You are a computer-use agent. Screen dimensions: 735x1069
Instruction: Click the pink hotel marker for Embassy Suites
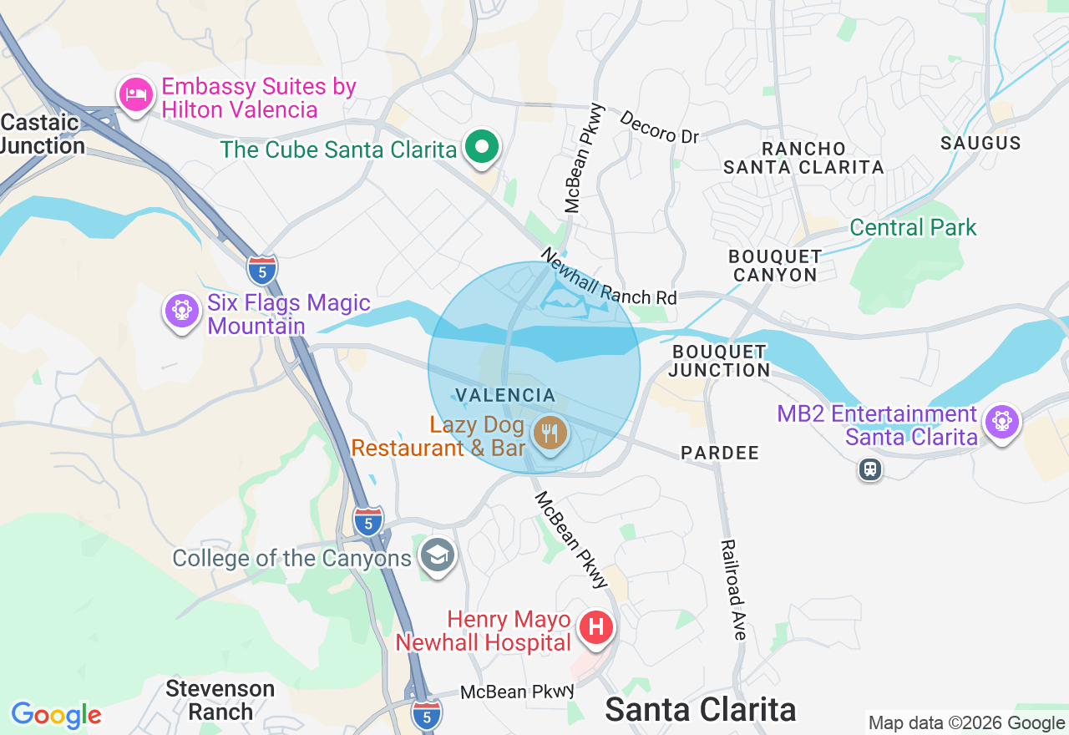pyautogui.click(x=135, y=95)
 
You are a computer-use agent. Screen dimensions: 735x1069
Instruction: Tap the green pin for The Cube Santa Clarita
pyautogui.click(x=482, y=148)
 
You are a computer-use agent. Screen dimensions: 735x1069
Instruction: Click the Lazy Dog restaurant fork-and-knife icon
pyautogui.click(x=550, y=433)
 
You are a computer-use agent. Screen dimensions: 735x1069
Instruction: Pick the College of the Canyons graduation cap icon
pyautogui.click(x=438, y=555)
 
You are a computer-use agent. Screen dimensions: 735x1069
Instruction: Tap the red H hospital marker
pyautogui.click(x=596, y=627)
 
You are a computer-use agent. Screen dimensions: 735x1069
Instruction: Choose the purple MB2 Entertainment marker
pyautogui.click(x=1001, y=421)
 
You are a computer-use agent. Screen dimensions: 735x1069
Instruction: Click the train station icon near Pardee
pyautogui.click(x=870, y=469)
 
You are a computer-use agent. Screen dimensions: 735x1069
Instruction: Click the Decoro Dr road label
pyautogui.click(x=659, y=126)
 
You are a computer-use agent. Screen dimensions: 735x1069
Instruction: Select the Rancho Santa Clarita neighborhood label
pyautogui.click(x=803, y=158)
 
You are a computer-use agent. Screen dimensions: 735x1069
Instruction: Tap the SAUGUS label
pyautogui.click(x=980, y=143)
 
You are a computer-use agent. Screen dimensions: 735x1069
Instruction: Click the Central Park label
pyautogui.click(x=913, y=227)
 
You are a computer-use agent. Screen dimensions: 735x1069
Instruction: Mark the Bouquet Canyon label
pyautogui.click(x=775, y=266)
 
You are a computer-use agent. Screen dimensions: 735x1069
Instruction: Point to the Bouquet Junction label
pyautogui.click(x=719, y=361)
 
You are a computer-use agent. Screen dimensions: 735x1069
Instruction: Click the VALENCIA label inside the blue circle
pyautogui.click(x=505, y=395)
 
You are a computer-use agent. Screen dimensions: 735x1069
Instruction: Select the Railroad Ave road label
pyautogui.click(x=732, y=590)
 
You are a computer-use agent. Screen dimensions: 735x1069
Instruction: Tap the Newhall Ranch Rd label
pyautogui.click(x=608, y=276)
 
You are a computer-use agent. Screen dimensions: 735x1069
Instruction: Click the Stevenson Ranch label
pyautogui.click(x=220, y=700)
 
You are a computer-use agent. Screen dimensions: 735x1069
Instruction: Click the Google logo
pyautogui.click(x=56, y=715)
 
